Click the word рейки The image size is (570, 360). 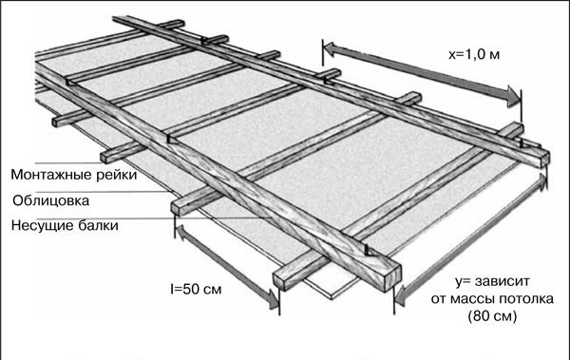coord(115,175)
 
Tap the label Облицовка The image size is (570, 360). coord(51,200)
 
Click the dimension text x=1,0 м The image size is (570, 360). coord(474,54)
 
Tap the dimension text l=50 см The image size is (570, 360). coord(196,289)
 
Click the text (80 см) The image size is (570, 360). coord(492,315)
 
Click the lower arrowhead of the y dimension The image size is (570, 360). coord(401,295)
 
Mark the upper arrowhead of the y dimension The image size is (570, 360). coord(541,182)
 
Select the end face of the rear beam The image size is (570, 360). coord(544,160)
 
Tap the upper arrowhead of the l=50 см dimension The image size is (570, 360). coord(181,233)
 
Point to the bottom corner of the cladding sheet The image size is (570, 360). coord(332,299)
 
